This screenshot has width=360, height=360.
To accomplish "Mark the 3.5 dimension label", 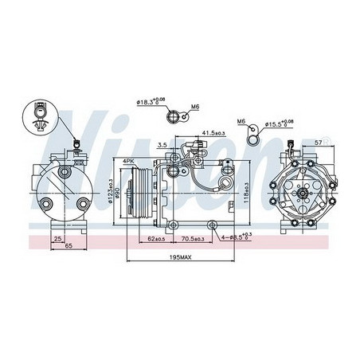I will (162, 145).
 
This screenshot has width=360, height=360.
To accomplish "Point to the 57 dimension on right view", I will (319, 143).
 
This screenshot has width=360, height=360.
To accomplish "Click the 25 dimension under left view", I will (59, 238).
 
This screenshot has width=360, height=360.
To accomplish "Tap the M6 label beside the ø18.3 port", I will (195, 106).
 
